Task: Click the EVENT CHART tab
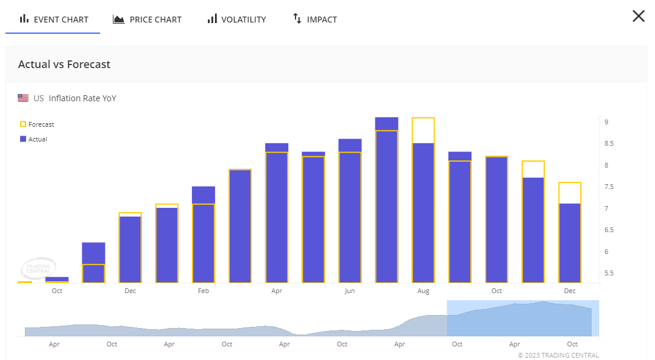pos(54,20)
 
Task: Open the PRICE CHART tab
pos(147,20)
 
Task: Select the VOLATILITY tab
pos(237,20)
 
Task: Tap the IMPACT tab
pos(315,20)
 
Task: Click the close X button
pos(638,16)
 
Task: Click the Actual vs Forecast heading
pos(65,65)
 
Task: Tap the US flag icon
pos(23,98)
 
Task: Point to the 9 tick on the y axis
pos(606,122)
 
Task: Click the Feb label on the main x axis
pos(203,291)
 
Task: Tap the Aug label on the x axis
pos(423,291)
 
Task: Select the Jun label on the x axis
pos(350,291)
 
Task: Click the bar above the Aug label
pos(423,213)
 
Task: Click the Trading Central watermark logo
pos(39,268)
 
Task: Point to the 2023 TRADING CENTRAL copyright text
pos(558,355)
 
